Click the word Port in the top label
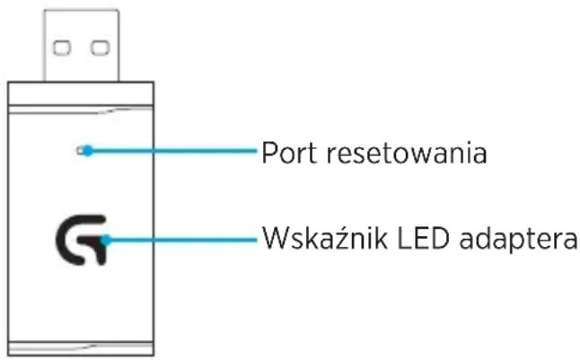pos(289,153)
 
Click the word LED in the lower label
pos(423,238)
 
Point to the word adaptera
pos(518,240)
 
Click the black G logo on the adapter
pos(82,240)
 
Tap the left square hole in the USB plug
pos(62,48)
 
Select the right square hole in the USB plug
pos(101,48)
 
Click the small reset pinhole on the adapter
pos(79,151)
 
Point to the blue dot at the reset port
pos(88,151)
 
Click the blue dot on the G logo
pos(106,240)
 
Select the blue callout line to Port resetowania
pos(172,151)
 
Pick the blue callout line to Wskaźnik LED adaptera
pos(181,240)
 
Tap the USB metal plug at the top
pos(82,45)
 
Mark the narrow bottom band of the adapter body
pos(81,348)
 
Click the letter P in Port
pos(269,153)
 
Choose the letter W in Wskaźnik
pos(278,237)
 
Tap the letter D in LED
pos(439,238)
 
